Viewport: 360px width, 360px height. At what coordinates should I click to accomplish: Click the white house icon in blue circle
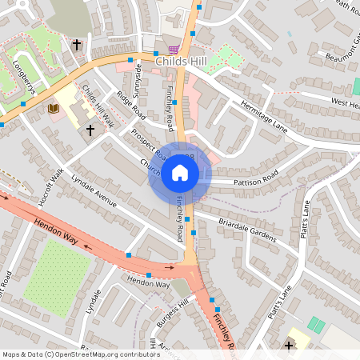(x=180, y=173)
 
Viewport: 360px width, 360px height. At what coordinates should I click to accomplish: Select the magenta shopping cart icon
(x=173, y=50)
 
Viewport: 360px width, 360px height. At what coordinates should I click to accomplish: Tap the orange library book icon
(x=53, y=108)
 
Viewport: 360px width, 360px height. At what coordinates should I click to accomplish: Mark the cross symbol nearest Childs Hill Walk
(x=90, y=129)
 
